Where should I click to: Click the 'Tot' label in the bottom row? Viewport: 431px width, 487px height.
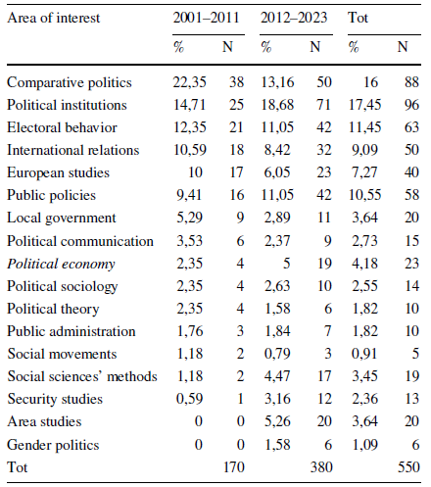(17, 465)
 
